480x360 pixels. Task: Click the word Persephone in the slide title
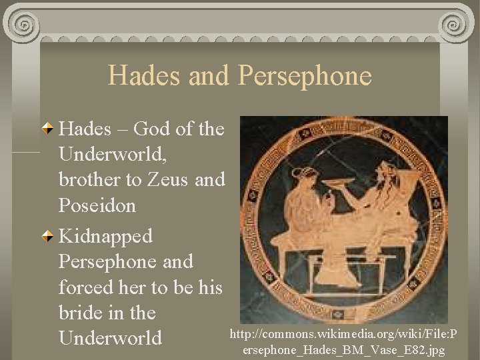coord(303,75)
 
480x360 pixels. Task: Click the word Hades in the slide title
coord(145,75)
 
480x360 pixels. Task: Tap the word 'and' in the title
coord(209,75)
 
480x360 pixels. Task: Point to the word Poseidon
coord(97,205)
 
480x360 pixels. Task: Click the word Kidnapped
coord(106,236)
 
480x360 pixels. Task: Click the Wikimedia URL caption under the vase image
coord(345,341)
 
